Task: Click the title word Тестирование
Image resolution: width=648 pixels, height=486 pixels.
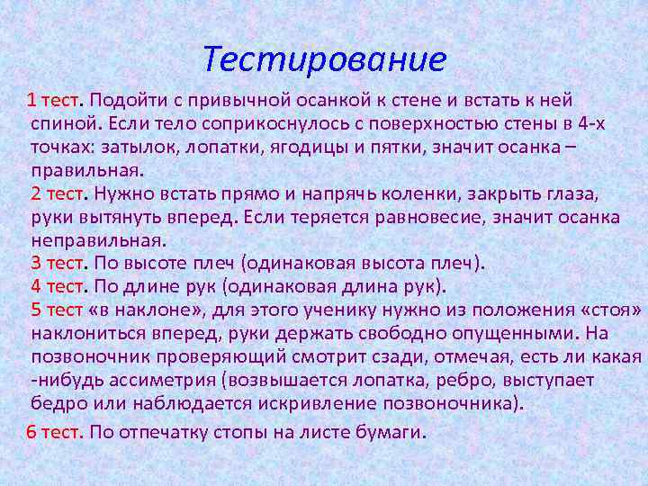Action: (324, 60)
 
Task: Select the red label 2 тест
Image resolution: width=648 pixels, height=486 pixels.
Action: (57, 193)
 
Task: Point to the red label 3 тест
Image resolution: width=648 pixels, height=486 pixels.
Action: (57, 264)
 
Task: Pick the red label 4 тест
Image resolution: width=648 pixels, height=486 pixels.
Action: (57, 287)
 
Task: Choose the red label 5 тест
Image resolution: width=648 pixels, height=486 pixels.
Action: (57, 310)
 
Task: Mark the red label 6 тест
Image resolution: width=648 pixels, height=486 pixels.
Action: (54, 431)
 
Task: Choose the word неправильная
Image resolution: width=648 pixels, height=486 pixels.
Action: (98, 240)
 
